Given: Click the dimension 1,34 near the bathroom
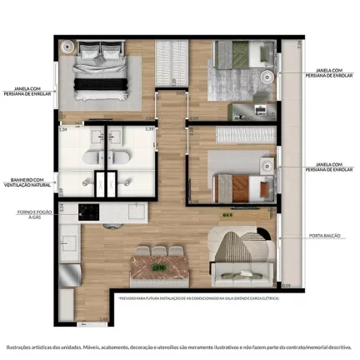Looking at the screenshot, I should click(62, 130).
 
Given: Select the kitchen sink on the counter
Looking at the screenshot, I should click(70, 243).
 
